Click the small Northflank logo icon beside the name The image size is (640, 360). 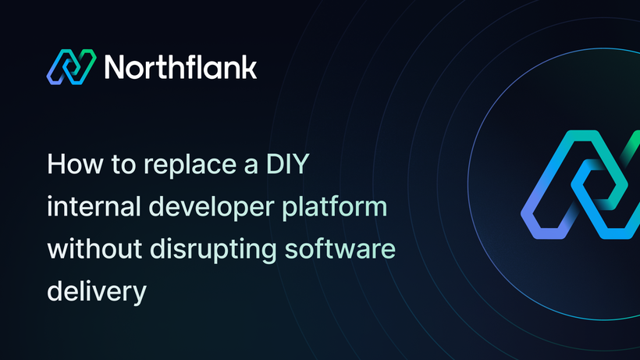[72, 67]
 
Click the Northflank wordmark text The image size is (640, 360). [180, 66]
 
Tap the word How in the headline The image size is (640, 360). [75, 164]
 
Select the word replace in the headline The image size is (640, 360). [190, 166]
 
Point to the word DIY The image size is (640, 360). [288, 164]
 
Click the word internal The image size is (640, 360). [94, 206]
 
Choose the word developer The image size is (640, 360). [212, 208]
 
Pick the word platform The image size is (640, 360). [335, 208]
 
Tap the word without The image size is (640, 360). [94, 248]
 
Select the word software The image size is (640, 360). [340, 248]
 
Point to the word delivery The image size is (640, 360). [97, 292]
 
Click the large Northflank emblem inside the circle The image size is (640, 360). [581, 184]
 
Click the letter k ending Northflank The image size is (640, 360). [248, 66]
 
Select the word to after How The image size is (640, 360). [123, 165]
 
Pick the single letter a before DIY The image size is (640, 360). [251, 167]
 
